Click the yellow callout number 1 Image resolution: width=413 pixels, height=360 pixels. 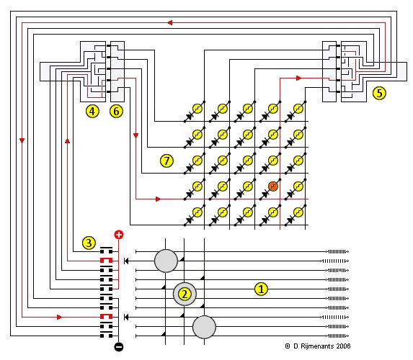261,289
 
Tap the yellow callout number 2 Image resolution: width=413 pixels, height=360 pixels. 185,294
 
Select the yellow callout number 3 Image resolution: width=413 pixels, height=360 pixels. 89,243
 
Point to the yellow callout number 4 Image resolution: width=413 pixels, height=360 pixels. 92,112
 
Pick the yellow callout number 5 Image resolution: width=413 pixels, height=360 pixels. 379,93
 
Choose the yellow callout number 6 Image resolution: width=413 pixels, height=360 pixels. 116,112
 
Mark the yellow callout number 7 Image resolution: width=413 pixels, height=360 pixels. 166,161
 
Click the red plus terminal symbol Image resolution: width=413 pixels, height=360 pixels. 119,235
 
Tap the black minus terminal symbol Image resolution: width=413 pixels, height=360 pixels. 119,347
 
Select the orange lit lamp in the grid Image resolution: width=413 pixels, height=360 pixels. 273,186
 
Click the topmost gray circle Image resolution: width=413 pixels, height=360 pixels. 166,261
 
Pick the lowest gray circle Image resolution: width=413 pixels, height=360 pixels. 204,327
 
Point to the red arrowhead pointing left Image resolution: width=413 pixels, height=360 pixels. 170,22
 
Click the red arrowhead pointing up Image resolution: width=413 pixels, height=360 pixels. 68,141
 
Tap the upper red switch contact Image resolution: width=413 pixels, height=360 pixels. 107,260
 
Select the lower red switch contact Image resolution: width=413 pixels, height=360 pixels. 107,316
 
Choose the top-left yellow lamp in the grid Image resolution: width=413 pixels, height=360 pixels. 197,109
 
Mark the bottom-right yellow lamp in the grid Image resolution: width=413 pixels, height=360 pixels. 298,212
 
